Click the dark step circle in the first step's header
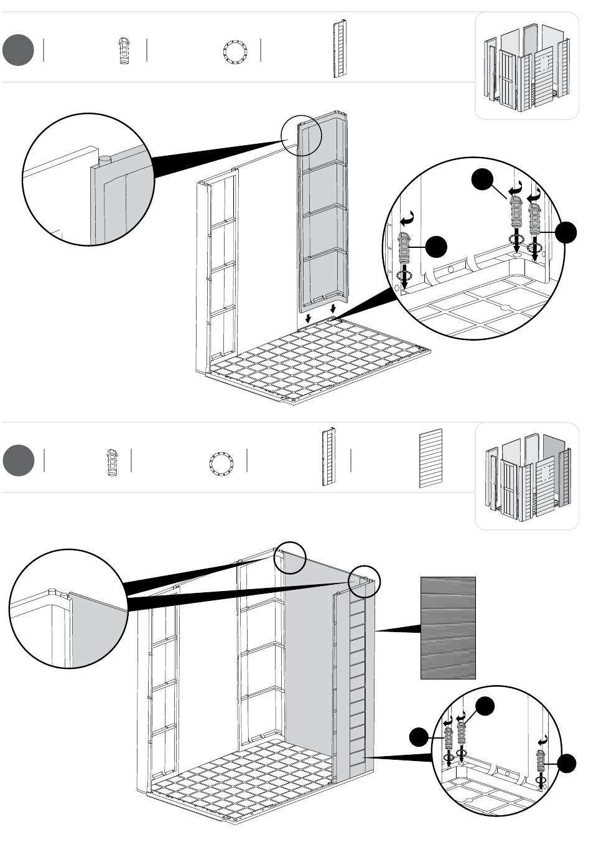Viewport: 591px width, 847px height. pyautogui.click(x=17, y=50)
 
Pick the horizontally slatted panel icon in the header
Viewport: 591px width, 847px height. pyautogui.click(x=430, y=458)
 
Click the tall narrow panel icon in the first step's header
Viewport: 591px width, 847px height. pyautogui.click(x=340, y=49)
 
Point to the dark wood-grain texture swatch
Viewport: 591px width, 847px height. pyautogui.click(x=448, y=627)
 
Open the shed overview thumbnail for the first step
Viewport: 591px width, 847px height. pyautogui.click(x=526, y=65)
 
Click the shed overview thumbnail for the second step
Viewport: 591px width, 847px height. pyautogui.click(x=526, y=476)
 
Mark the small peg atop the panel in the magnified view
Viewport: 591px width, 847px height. pyautogui.click(x=105, y=160)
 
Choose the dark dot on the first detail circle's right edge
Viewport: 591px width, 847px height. pyautogui.click(x=566, y=232)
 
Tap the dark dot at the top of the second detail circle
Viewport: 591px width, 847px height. pyautogui.click(x=485, y=706)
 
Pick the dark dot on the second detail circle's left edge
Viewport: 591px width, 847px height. pyautogui.click(x=420, y=737)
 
